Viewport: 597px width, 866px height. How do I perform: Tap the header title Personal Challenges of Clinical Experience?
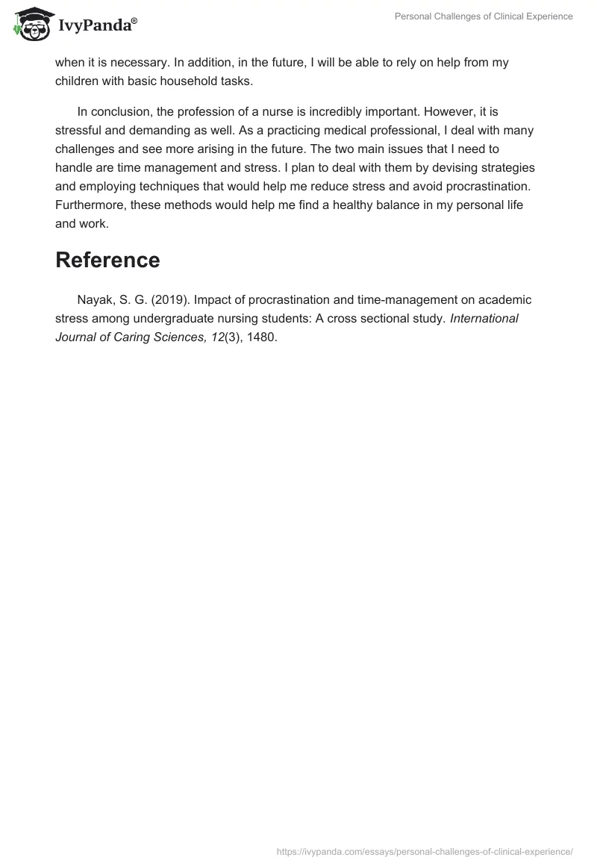[484, 17]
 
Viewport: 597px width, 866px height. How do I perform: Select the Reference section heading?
[107, 260]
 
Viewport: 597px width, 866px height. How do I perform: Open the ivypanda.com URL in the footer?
[425, 851]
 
